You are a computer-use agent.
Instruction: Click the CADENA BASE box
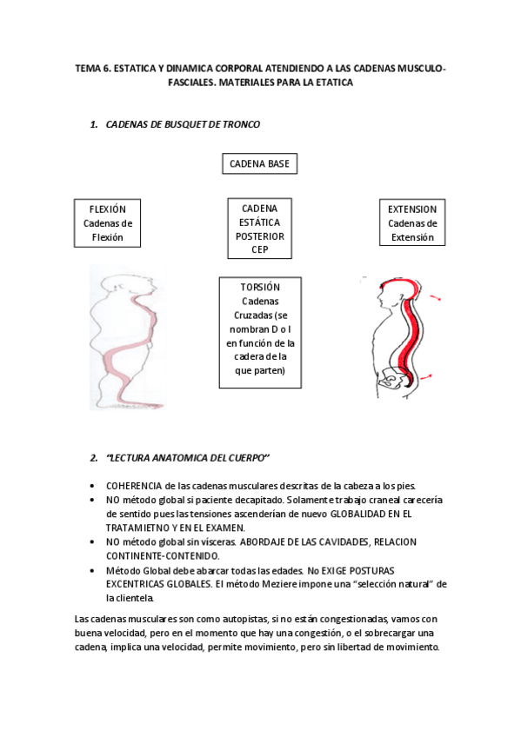tap(260, 163)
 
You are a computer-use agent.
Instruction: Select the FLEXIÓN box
tap(108, 222)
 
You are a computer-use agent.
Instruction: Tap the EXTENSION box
tap(412, 222)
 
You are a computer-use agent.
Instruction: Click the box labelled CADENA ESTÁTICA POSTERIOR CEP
tap(259, 229)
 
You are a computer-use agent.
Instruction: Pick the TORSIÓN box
tap(260, 332)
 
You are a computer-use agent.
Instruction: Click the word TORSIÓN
tap(259, 287)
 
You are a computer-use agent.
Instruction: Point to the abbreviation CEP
tap(259, 249)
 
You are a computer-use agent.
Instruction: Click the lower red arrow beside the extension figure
tap(428, 375)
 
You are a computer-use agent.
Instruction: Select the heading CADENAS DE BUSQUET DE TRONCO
tap(183, 124)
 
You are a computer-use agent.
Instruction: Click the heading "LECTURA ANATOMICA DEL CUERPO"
tap(187, 458)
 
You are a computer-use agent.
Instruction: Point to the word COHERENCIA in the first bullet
tap(138, 486)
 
